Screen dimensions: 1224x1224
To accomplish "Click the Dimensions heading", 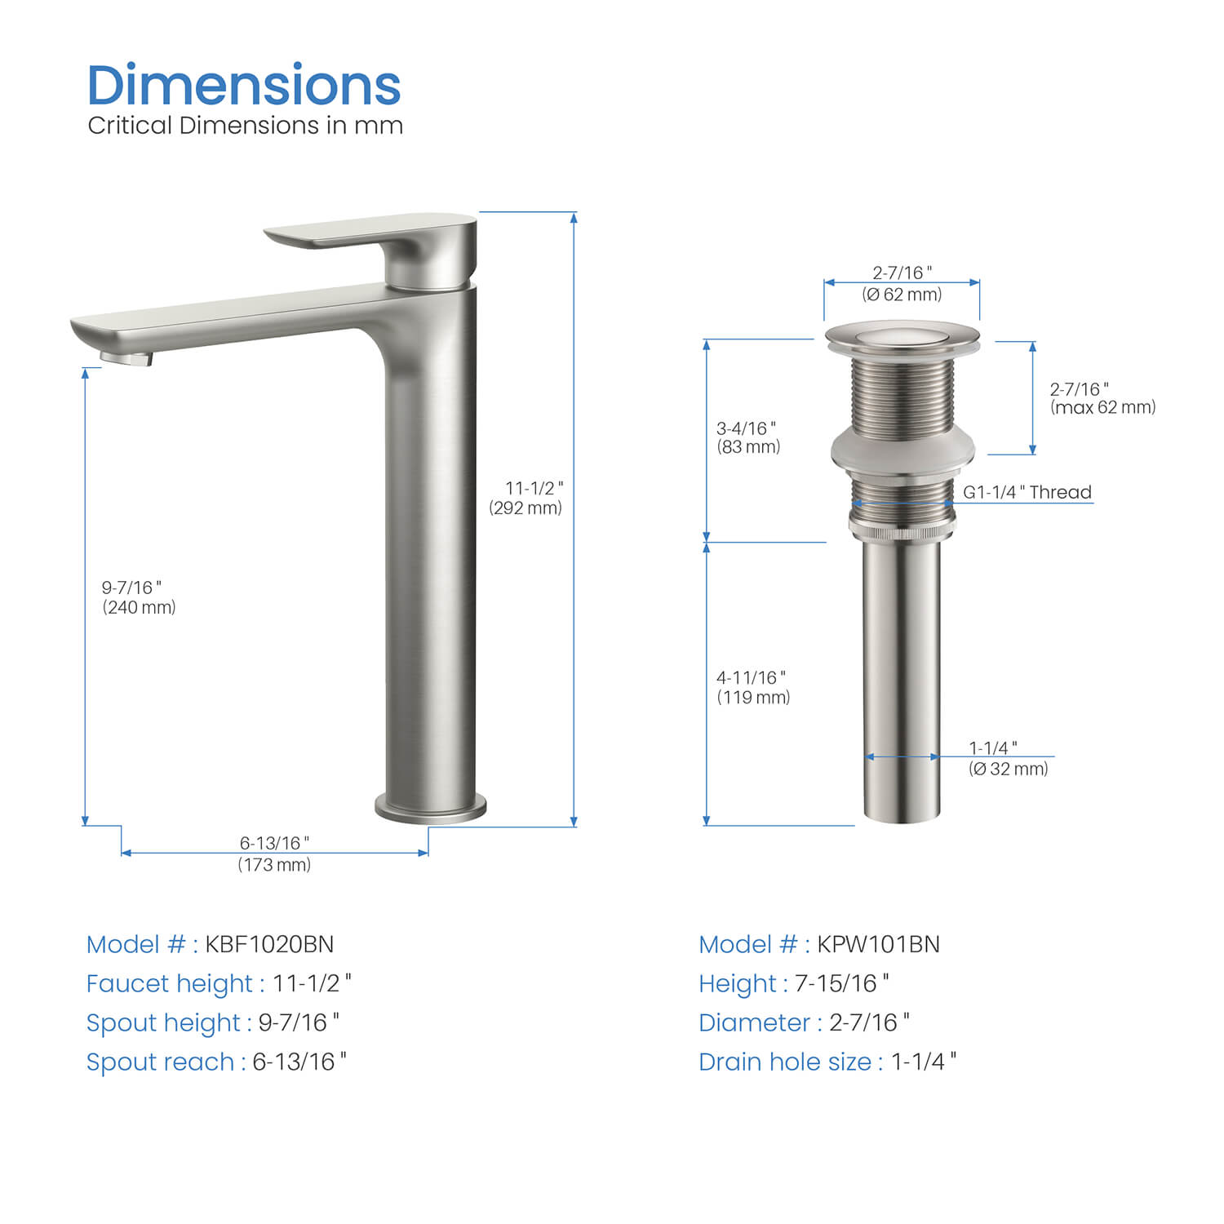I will [243, 86].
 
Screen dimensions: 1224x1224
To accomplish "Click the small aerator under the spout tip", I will [127, 357].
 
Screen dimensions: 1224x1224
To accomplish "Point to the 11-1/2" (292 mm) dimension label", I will [526, 498].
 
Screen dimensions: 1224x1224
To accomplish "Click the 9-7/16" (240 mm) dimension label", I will [139, 597].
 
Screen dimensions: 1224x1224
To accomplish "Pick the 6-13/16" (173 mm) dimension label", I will [274, 854].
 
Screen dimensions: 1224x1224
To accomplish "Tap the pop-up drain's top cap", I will [902, 336].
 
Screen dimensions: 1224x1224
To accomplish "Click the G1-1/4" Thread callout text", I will [1027, 492].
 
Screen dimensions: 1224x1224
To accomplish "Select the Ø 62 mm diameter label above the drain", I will [902, 284].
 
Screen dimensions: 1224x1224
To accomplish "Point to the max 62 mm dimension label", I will [1102, 398].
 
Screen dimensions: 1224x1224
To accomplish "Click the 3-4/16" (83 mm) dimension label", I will [748, 437].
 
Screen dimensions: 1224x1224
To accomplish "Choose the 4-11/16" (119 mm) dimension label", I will [753, 687].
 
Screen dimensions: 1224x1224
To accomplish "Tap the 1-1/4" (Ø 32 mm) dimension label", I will [1008, 758].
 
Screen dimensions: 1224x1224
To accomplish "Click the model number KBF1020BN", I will [269, 944].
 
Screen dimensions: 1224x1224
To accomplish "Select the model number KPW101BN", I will [878, 944].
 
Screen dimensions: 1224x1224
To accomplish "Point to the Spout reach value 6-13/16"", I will [299, 1062].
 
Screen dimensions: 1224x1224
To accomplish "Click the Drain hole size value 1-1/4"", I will [923, 1062].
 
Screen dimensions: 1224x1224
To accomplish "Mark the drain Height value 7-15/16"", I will [841, 983].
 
